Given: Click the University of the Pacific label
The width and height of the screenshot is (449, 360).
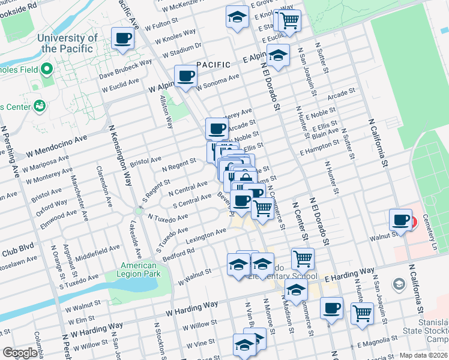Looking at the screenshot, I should (67, 43).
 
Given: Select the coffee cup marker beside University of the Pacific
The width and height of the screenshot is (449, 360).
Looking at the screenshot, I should (122, 39).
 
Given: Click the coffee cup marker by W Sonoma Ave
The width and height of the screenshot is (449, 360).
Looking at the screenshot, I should (185, 77).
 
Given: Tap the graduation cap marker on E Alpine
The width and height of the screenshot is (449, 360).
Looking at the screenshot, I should (279, 56).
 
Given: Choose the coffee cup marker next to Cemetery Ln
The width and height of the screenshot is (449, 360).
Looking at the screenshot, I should (400, 220).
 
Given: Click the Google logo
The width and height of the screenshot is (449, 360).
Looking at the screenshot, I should (20, 353).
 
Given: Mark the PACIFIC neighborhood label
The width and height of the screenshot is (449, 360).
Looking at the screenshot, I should (214, 64).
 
